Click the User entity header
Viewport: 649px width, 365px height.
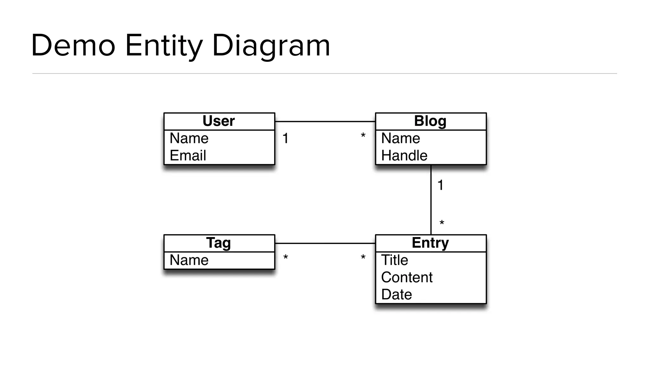click(x=219, y=121)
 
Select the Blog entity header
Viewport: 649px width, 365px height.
click(x=430, y=121)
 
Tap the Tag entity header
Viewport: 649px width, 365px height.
click(x=219, y=243)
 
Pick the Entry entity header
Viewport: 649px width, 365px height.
click(x=430, y=243)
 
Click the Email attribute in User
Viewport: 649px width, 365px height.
click(x=188, y=156)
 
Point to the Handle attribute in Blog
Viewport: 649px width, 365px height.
click(x=404, y=156)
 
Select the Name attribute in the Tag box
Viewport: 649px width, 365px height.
click(x=189, y=260)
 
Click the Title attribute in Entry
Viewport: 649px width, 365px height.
click(x=395, y=260)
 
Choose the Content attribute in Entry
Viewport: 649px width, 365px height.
click(x=407, y=278)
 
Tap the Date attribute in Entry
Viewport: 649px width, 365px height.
click(x=396, y=295)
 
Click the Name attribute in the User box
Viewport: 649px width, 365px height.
click(x=189, y=138)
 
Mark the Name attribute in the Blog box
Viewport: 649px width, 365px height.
click(x=401, y=138)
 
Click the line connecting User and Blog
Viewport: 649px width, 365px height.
click(x=325, y=121)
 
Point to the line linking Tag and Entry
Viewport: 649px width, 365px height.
click(x=325, y=243)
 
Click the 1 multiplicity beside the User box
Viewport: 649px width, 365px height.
click(x=286, y=138)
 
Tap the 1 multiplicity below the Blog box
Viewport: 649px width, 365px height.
click(x=440, y=185)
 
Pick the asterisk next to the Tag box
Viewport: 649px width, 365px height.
click(x=286, y=257)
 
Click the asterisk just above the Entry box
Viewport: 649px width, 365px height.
click(x=442, y=223)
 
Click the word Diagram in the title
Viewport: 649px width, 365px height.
click(x=271, y=46)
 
